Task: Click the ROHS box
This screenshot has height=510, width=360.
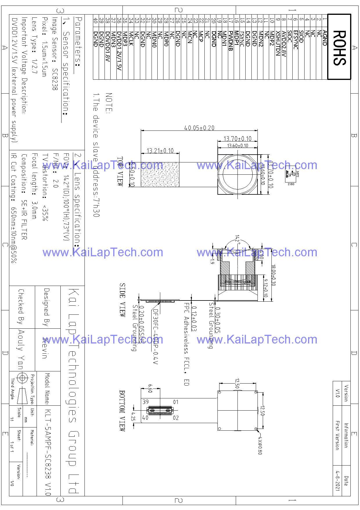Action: (339, 47)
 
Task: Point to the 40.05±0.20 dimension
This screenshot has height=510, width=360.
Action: (199, 128)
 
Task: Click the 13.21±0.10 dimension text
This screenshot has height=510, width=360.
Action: (160, 151)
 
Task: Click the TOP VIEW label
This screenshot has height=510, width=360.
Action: (120, 171)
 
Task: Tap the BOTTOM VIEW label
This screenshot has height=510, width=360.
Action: (123, 410)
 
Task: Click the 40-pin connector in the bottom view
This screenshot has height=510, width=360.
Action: (160, 410)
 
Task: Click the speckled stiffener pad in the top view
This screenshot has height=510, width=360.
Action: (160, 174)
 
